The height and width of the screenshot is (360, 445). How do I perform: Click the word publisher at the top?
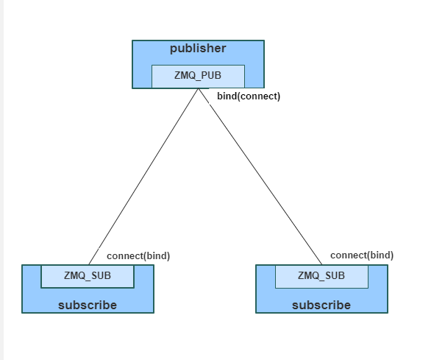[198, 49]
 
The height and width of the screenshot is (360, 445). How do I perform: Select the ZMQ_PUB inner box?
[198, 76]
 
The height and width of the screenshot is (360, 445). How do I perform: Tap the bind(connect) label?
[248, 96]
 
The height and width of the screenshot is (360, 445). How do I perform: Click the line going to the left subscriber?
[144, 176]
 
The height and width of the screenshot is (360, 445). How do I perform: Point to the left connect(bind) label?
[138, 256]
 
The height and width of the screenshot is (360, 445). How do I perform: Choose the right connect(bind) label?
[361, 255]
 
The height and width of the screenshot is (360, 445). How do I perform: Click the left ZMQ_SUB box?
[88, 276]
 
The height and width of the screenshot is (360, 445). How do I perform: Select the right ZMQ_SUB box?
[321, 276]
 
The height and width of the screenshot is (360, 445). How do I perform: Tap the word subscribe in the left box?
[88, 305]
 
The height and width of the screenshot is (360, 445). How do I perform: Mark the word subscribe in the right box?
[321, 305]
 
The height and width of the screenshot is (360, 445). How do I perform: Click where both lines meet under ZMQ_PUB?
[199, 89]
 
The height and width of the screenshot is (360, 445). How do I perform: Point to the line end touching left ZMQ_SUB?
[89, 264]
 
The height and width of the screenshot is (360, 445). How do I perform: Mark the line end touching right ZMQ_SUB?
[321, 264]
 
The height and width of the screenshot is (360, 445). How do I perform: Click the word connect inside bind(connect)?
[260, 96]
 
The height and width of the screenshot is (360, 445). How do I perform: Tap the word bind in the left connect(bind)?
[157, 256]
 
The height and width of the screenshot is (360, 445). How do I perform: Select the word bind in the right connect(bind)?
[381, 255]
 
